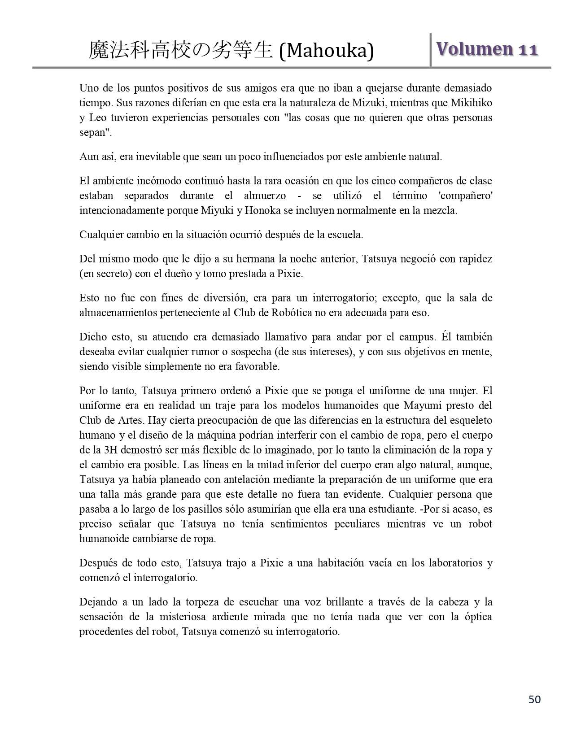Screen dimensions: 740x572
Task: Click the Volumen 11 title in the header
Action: tap(487, 49)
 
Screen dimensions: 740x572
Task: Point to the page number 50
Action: tap(535, 699)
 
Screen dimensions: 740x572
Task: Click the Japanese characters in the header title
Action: tap(180, 50)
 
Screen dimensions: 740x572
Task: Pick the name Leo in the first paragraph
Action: tap(98, 118)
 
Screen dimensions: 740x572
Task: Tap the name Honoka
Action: tap(261, 210)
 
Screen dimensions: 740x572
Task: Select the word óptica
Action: tap(477, 617)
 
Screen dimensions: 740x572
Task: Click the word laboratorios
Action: tap(452, 563)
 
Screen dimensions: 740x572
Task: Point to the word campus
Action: tap(456, 337)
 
